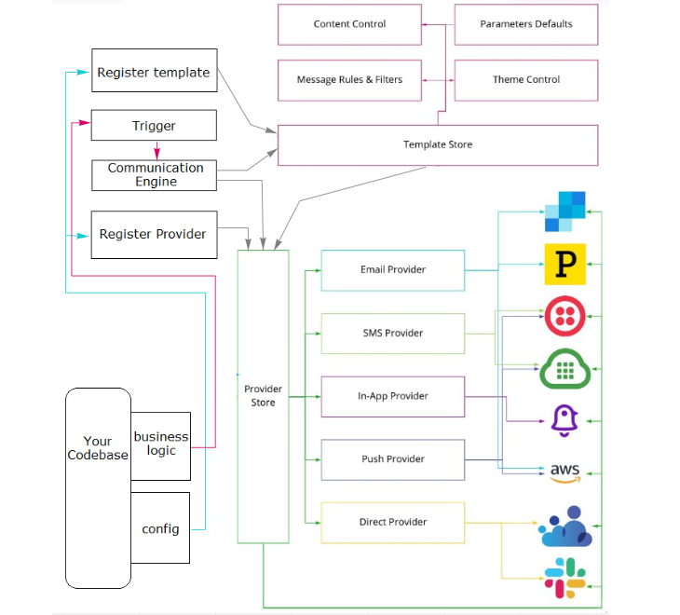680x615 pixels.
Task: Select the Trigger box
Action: tap(154, 126)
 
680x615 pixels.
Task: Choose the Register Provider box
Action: tap(154, 234)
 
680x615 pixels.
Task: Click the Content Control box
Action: tap(349, 24)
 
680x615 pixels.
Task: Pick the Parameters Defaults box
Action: tap(526, 24)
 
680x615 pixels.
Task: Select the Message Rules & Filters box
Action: tap(349, 80)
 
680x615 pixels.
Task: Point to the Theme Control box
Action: tap(526, 80)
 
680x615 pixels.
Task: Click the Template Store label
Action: tap(437, 144)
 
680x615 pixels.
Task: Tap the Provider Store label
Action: tap(263, 396)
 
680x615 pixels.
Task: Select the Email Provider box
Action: tap(392, 270)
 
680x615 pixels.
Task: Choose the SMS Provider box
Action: tap(392, 334)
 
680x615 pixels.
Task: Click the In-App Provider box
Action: tap(392, 396)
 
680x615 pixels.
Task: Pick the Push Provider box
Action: tap(392, 459)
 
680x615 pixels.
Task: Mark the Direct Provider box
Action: tap(392, 522)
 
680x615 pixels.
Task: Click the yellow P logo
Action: tap(564, 264)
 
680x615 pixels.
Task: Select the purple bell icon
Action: tap(564, 421)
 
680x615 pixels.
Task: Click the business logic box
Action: tap(160, 444)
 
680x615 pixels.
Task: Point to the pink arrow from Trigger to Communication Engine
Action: tap(156, 150)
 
